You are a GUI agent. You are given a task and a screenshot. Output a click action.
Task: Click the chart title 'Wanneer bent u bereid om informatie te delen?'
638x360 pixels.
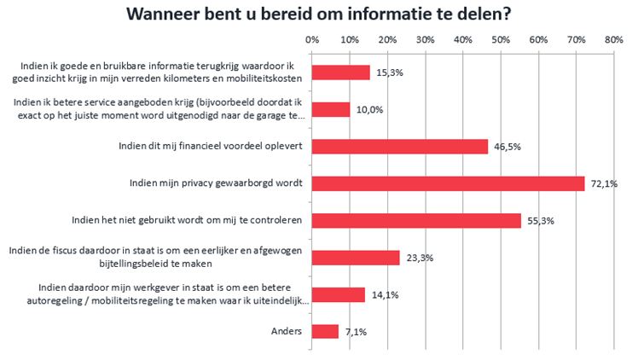pos(319,15)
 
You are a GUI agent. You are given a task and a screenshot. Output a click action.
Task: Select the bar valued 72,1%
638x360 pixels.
pos(449,183)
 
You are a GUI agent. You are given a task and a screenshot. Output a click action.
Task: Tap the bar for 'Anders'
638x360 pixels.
pos(326,331)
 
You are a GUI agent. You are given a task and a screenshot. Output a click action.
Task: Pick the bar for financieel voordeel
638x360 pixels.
pos(400,146)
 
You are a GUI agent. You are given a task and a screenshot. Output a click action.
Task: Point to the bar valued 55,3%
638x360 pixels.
pos(416,220)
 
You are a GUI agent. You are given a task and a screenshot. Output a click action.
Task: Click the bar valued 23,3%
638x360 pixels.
pos(356,258)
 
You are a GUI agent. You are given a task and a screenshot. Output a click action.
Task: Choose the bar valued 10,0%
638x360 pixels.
pos(331,109)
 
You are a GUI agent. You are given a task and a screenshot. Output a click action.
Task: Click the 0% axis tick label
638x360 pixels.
pos(312,40)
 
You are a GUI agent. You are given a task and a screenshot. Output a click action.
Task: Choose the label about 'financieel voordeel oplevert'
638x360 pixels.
pos(212,146)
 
